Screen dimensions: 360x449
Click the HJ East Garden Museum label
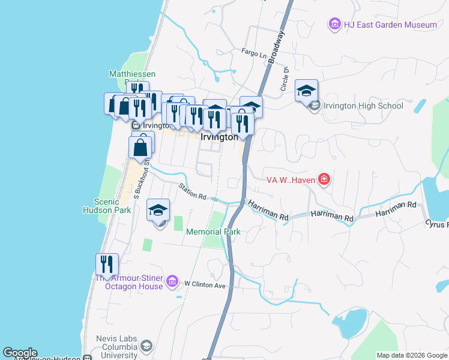pos(390,25)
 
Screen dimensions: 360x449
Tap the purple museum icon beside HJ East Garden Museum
pos(334,25)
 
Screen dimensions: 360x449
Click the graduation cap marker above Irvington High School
pos(306,91)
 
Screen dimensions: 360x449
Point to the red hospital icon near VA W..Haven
pos(324,178)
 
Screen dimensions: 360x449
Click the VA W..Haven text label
pos(291,178)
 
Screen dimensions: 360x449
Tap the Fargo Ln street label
pos(254,53)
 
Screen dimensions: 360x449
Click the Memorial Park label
pos(213,232)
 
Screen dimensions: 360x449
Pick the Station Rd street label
pos(193,192)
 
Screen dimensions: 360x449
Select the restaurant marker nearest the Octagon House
pos(107,265)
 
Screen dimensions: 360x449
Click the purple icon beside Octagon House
pos(172,281)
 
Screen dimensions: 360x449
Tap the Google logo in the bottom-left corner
pos(20,353)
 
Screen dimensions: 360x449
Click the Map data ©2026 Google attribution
pos(412,355)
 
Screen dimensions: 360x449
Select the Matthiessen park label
pos(132,74)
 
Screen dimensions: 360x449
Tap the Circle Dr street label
pos(284,79)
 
